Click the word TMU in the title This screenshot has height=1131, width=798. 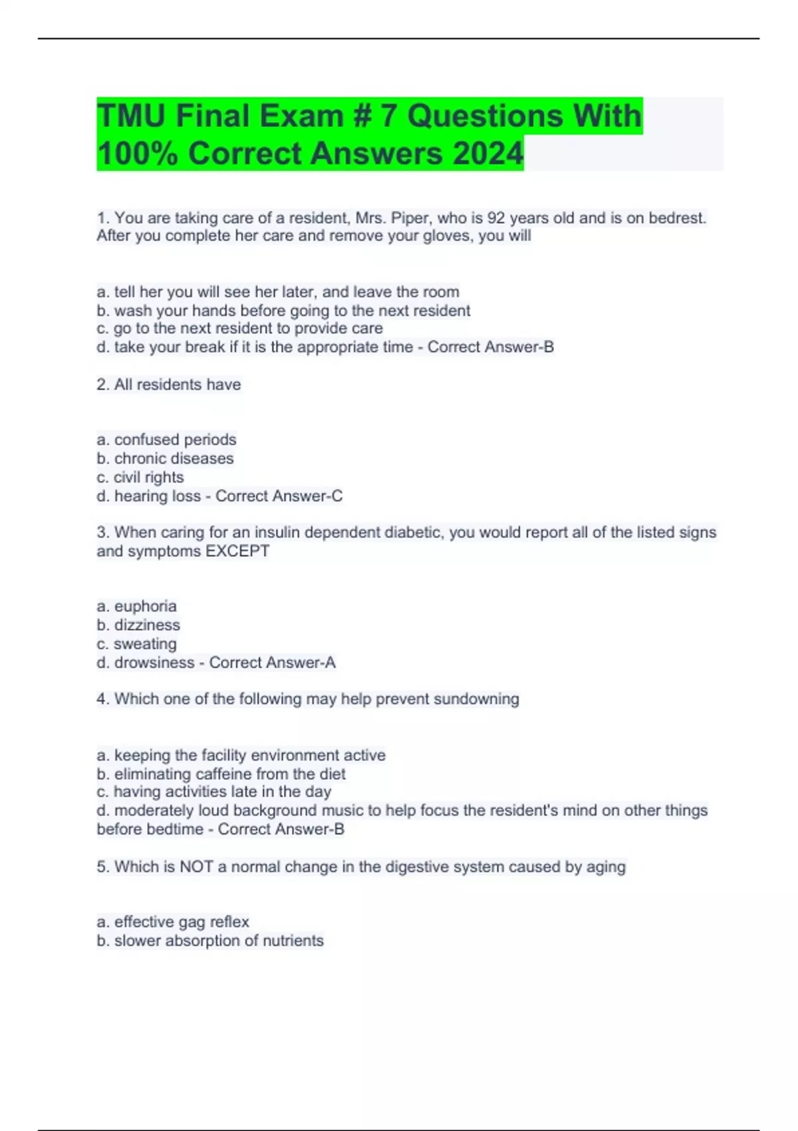130,116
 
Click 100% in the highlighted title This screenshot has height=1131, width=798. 138,154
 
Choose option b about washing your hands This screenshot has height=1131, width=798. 283,311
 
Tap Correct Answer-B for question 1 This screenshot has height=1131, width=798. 490,347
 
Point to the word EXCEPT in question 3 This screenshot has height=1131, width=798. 237,552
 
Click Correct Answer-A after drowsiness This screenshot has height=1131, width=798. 272,663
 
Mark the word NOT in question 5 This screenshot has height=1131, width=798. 196,868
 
